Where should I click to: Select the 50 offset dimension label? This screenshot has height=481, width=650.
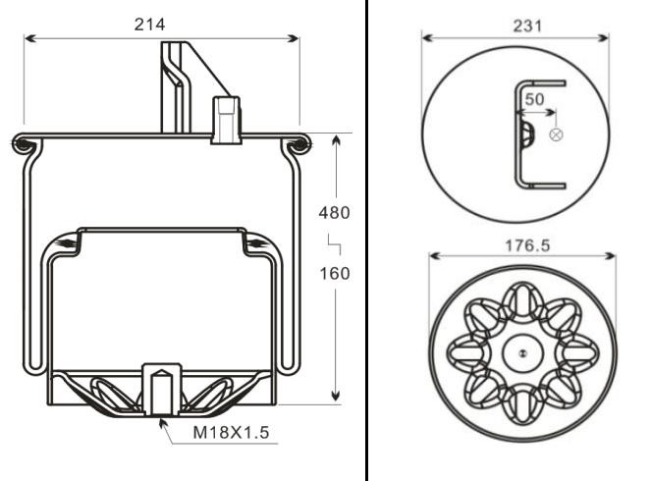click(534, 99)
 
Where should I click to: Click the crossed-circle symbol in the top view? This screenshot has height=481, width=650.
click(556, 134)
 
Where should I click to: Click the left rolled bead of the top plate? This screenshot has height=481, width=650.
click(22, 145)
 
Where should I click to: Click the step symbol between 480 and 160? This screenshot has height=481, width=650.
click(334, 242)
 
